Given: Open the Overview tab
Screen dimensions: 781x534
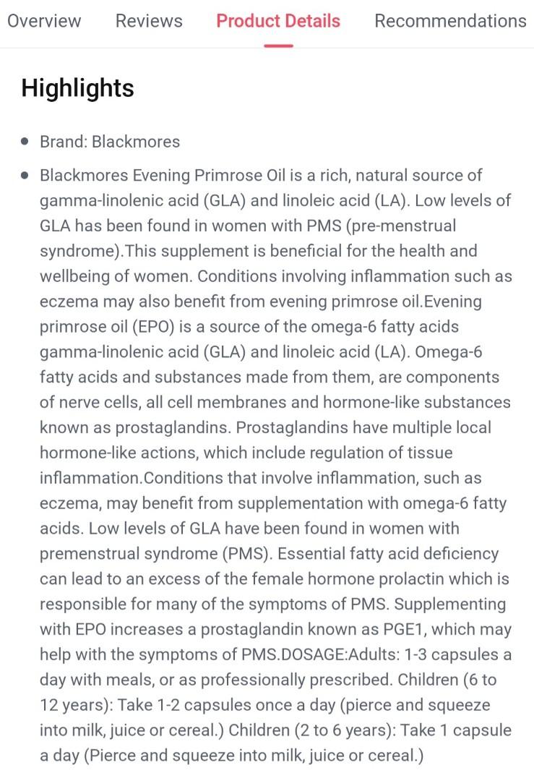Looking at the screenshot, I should (x=44, y=21).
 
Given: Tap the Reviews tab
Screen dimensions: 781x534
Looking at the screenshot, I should (x=149, y=21).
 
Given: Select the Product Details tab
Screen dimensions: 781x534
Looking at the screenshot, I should (x=278, y=21).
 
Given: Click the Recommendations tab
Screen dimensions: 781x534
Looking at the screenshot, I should (x=450, y=21).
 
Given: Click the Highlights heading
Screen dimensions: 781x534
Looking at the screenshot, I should (x=77, y=88).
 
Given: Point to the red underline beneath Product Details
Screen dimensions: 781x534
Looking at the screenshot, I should (x=278, y=46).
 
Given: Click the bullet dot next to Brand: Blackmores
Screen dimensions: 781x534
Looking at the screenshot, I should (x=26, y=141).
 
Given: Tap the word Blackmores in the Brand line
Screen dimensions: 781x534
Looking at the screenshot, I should (x=136, y=141).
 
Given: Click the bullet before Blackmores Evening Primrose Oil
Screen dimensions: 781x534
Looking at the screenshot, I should (x=26, y=175).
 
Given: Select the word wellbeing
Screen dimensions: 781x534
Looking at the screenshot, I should (x=77, y=276).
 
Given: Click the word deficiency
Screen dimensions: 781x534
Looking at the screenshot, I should (x=458, y=554).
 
